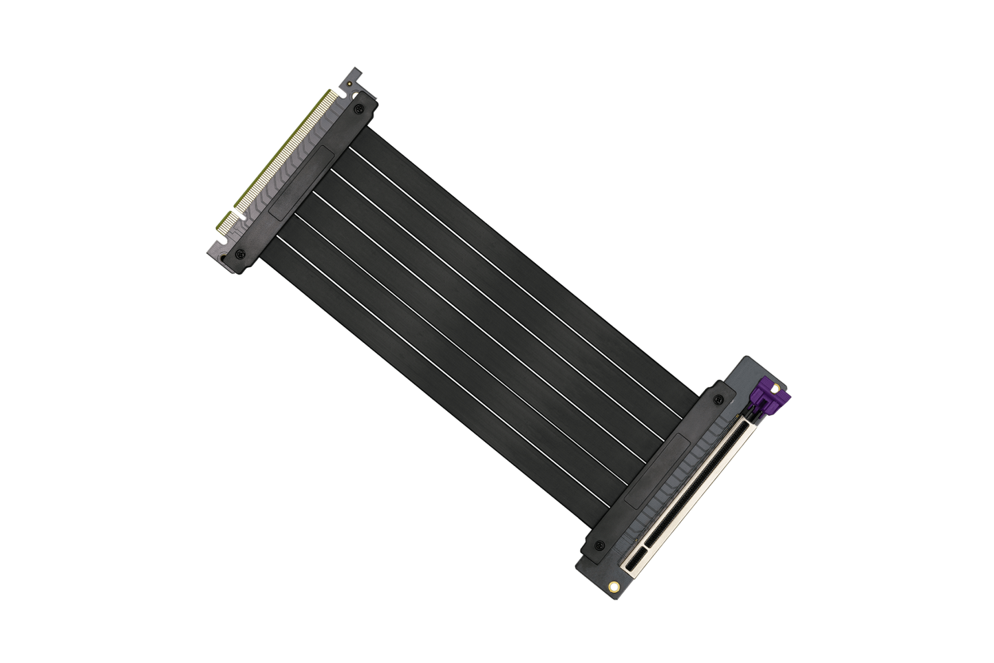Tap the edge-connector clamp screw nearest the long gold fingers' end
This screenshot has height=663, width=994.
click(x=358, y=109)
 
